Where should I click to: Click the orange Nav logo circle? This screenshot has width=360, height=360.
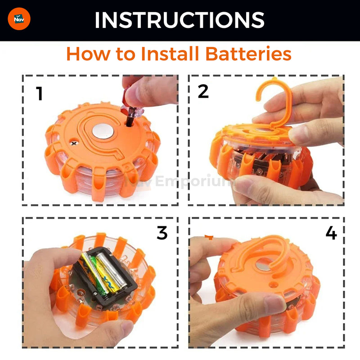click(19, 19)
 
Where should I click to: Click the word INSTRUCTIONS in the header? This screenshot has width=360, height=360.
click(180, 20)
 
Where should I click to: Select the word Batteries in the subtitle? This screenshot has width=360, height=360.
click(248, 54)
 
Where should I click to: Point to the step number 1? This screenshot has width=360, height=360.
click(40, 94)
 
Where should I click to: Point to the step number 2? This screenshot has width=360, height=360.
click(203, 91)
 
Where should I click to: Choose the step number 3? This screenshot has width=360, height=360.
click(162, 233)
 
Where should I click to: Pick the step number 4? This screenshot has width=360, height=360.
click(331, 233)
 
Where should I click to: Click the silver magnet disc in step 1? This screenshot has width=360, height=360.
click(103, 131)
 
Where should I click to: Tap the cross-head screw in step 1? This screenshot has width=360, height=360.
click(74, 144)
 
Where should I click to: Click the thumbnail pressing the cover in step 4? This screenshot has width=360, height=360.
click(274, 302)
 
